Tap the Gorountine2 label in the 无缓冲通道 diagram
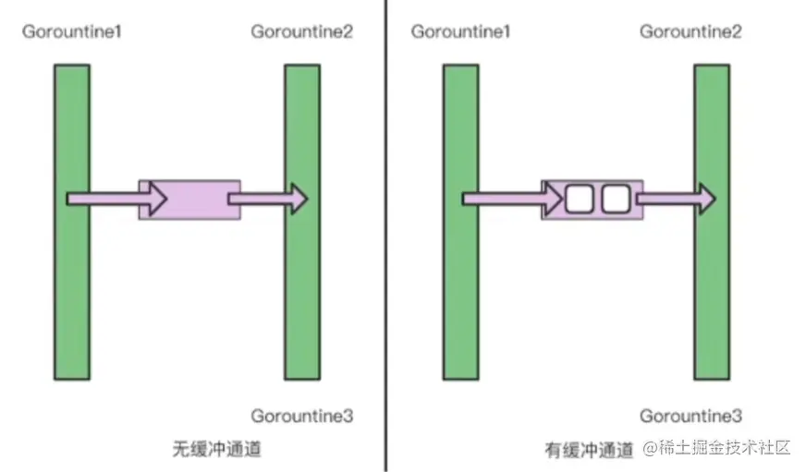tap(301, 32)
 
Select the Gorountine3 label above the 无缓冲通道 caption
tap(301, 416)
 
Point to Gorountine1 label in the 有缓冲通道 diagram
tap(461, 32)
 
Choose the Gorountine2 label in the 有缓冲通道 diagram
tap(690, 32)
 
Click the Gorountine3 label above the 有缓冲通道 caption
tap(690, 416)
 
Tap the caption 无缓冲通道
tap(216, 450)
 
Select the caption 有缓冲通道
tap(589, 450)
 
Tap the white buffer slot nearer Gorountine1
tap(580, 198)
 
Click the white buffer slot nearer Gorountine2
tap(615, 198)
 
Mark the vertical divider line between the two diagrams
tap(386, 277)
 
